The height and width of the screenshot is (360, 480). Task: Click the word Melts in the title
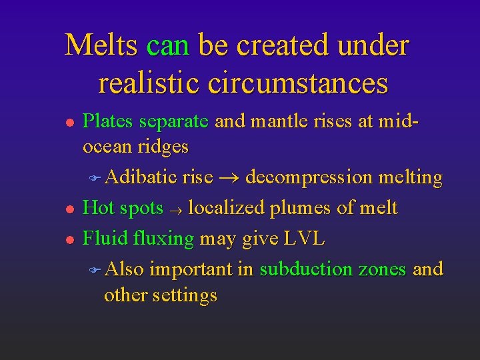(101, 46)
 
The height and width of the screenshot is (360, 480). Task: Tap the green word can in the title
(168, 46)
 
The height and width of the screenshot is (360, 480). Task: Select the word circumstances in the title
(297, 83)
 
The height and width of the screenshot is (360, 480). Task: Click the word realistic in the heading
(149, 83)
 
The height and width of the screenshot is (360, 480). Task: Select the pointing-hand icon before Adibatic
(95, 177)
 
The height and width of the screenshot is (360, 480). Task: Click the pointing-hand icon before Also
(95, 269)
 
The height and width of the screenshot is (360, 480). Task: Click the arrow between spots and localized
(176, 209)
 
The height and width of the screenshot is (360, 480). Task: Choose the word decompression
(309, 178)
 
